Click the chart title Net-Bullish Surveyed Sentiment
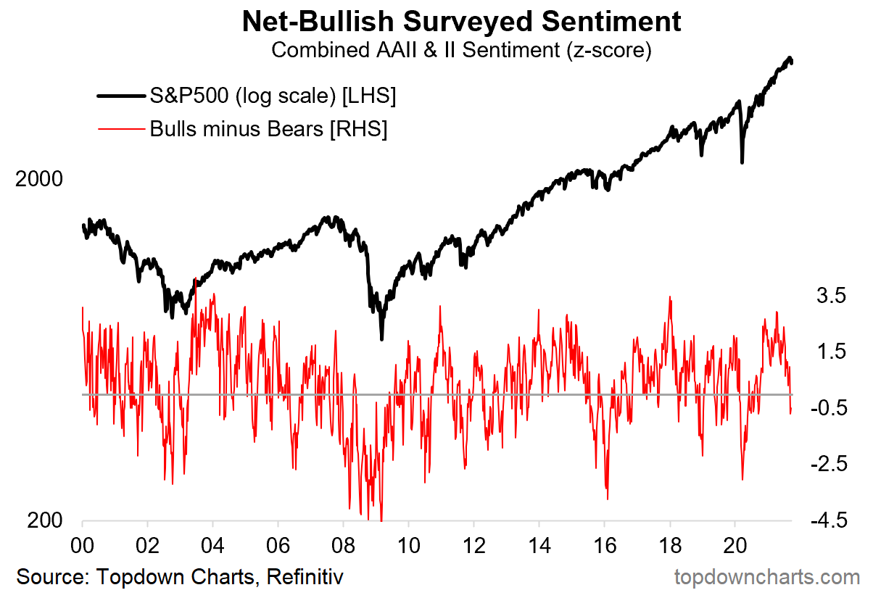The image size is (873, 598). pos(463,22)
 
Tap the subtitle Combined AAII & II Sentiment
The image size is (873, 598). pos(463,51)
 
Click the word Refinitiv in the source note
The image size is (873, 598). pos(305,577)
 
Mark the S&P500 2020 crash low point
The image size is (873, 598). pos(742,162)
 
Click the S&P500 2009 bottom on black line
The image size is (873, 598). pos(382,338)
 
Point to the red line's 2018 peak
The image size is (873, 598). pos(670,297)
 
